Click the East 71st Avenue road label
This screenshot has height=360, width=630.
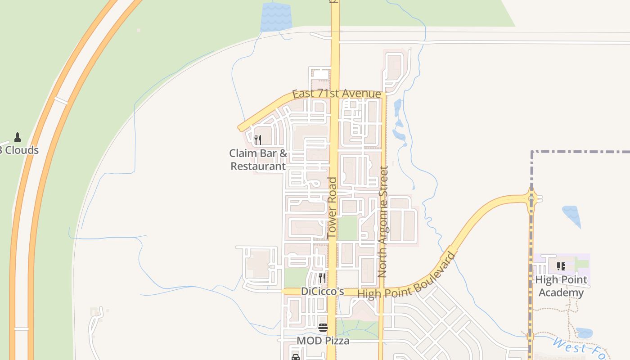[336, 94]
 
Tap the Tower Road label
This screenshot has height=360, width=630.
[332, 207]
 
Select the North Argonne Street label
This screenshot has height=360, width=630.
[383, 221]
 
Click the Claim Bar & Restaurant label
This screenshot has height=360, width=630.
[258, 160]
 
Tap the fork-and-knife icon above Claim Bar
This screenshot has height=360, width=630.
[258, 140]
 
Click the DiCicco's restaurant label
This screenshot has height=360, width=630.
[322, 291]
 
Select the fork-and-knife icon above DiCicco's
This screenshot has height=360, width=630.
[322, 278]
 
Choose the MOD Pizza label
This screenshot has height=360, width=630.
[323, 341]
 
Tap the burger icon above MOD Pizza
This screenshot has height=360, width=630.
[323, 327]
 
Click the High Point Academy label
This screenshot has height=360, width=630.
[561, 286]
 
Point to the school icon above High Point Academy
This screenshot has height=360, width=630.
[561, 266]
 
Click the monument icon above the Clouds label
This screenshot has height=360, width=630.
[18, 137]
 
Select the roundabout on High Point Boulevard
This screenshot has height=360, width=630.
[531, 198]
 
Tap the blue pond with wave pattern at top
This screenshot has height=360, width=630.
[276, 17]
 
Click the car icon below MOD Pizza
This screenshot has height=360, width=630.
[296, 357]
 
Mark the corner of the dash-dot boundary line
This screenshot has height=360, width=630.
[532, 152]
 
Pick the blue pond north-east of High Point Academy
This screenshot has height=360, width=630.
[572, 215]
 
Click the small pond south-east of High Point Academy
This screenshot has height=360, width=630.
[584, 333]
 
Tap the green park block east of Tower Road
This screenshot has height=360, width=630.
[347, 229]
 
